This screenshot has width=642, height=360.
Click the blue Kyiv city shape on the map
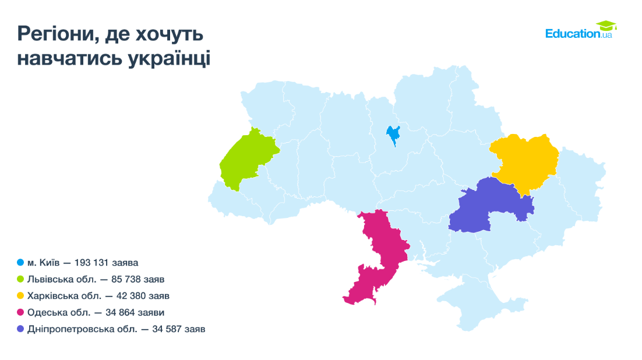393,136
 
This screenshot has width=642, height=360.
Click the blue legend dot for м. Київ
20,263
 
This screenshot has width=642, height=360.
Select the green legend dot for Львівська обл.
20,279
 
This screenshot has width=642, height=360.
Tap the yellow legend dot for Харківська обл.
20,296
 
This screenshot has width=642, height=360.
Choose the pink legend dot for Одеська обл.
20,313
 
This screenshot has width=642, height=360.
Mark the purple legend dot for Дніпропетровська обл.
20,329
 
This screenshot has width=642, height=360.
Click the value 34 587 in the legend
168,329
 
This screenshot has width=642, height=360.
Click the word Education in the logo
572,34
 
